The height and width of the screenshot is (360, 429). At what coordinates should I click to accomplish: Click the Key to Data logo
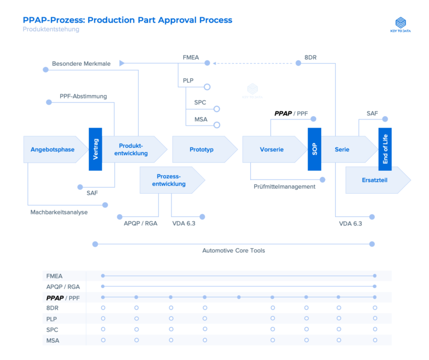point(401,25)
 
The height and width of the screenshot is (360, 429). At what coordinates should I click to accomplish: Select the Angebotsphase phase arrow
point(53,150)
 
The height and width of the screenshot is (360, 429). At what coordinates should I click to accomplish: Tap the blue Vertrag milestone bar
point(96,149)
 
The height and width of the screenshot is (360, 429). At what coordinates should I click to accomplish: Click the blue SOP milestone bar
point(314,149)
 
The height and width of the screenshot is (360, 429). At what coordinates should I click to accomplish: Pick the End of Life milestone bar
point(385,149)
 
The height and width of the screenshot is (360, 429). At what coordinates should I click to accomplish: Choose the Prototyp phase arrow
point(202,150)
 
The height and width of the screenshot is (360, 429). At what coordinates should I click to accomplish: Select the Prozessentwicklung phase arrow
point(171,180)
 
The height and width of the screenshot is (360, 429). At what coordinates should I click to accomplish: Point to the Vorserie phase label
point(272,150)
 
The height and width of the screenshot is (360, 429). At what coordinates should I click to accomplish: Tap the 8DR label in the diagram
point(311,56)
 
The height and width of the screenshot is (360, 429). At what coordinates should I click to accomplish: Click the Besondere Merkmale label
point(81,64)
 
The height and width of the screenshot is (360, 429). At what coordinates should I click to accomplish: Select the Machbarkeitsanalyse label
point(59,212)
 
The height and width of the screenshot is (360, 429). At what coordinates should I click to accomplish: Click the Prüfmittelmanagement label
point(284,186)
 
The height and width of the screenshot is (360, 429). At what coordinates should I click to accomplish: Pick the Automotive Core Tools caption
point(233,251)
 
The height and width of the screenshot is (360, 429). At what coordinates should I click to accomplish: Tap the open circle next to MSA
point(217,125)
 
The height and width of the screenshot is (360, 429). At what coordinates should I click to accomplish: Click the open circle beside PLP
point(207,87)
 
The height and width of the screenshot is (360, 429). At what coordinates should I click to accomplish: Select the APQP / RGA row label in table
point(63,286)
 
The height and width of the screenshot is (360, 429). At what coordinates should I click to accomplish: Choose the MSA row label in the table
point(53,340)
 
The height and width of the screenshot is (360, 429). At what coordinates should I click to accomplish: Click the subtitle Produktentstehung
point(51,30)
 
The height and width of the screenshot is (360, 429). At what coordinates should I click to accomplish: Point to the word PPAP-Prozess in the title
point(51,20)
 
